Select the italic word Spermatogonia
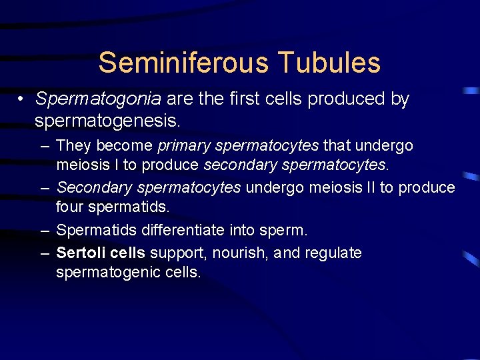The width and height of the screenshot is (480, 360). coord(98,99)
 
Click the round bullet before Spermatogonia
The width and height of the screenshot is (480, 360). coord(22,99)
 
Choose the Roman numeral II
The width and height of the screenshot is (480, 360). coord(369,188)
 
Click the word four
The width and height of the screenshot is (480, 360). coord(71,207)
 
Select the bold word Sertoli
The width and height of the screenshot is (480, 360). coord(81,253)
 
